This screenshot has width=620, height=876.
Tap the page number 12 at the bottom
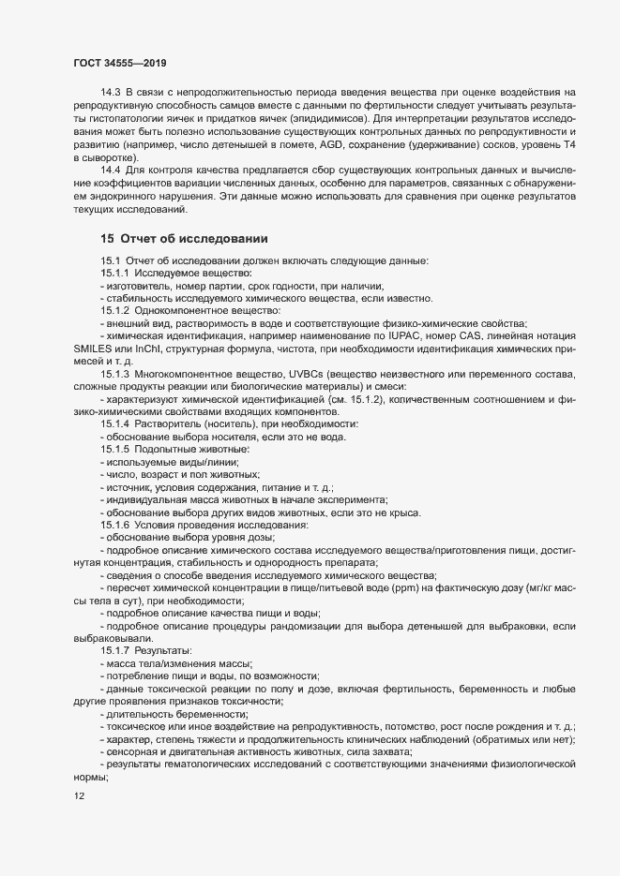(x=79, y=796)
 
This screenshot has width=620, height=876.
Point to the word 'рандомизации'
(x=311, y=624)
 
